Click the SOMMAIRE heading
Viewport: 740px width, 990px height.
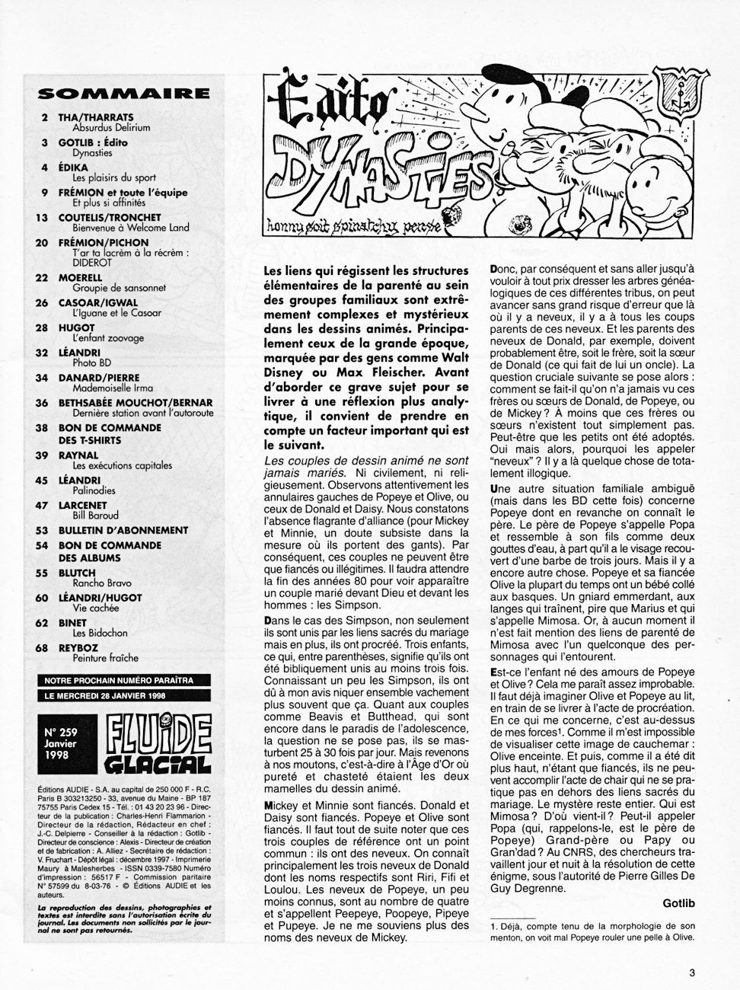[x=123, y=94]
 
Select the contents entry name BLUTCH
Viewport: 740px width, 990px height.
[x=78, y=573]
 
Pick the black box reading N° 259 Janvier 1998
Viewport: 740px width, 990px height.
[x=65, y=738]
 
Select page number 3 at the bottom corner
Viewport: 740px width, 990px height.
[x=691, y=972]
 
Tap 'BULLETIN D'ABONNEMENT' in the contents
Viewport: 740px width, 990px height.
[x=123, y=530]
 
